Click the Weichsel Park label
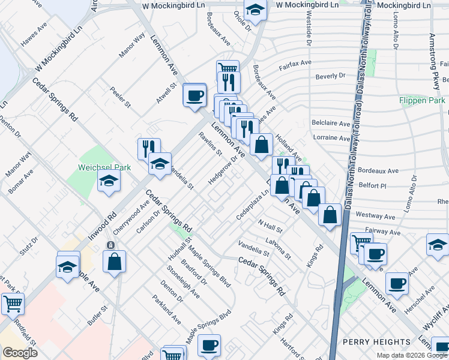(x=100, y=169)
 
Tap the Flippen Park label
(x=422, y=100)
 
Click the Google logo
(x=20, y=353)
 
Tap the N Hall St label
(x=270, y=226)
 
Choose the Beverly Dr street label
(x=331, y=76)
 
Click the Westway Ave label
(x=375, y=215)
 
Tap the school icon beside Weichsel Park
(x=109, y=181)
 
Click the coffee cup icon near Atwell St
(x=194, y=95)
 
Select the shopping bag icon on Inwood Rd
(x=114, y=262)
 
